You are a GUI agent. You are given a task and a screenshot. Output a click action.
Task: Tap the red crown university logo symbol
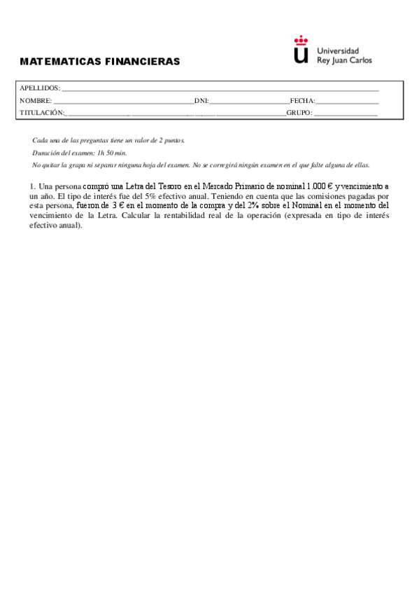coord(301,50)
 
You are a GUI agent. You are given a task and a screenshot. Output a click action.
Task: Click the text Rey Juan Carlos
coord(345,60)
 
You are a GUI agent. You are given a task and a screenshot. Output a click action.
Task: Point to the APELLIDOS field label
coord(40,88)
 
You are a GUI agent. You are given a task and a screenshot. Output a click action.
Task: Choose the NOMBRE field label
coord(36,101)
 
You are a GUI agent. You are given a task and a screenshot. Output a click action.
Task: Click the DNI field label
coord(201,101)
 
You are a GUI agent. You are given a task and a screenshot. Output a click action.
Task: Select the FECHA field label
coord(302,101)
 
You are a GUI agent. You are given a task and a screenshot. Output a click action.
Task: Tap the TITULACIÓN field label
coord(42,113)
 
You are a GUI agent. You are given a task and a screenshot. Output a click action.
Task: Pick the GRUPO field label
coord(299,113)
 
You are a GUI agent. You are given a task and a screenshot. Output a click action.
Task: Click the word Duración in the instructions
coord(46,152)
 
